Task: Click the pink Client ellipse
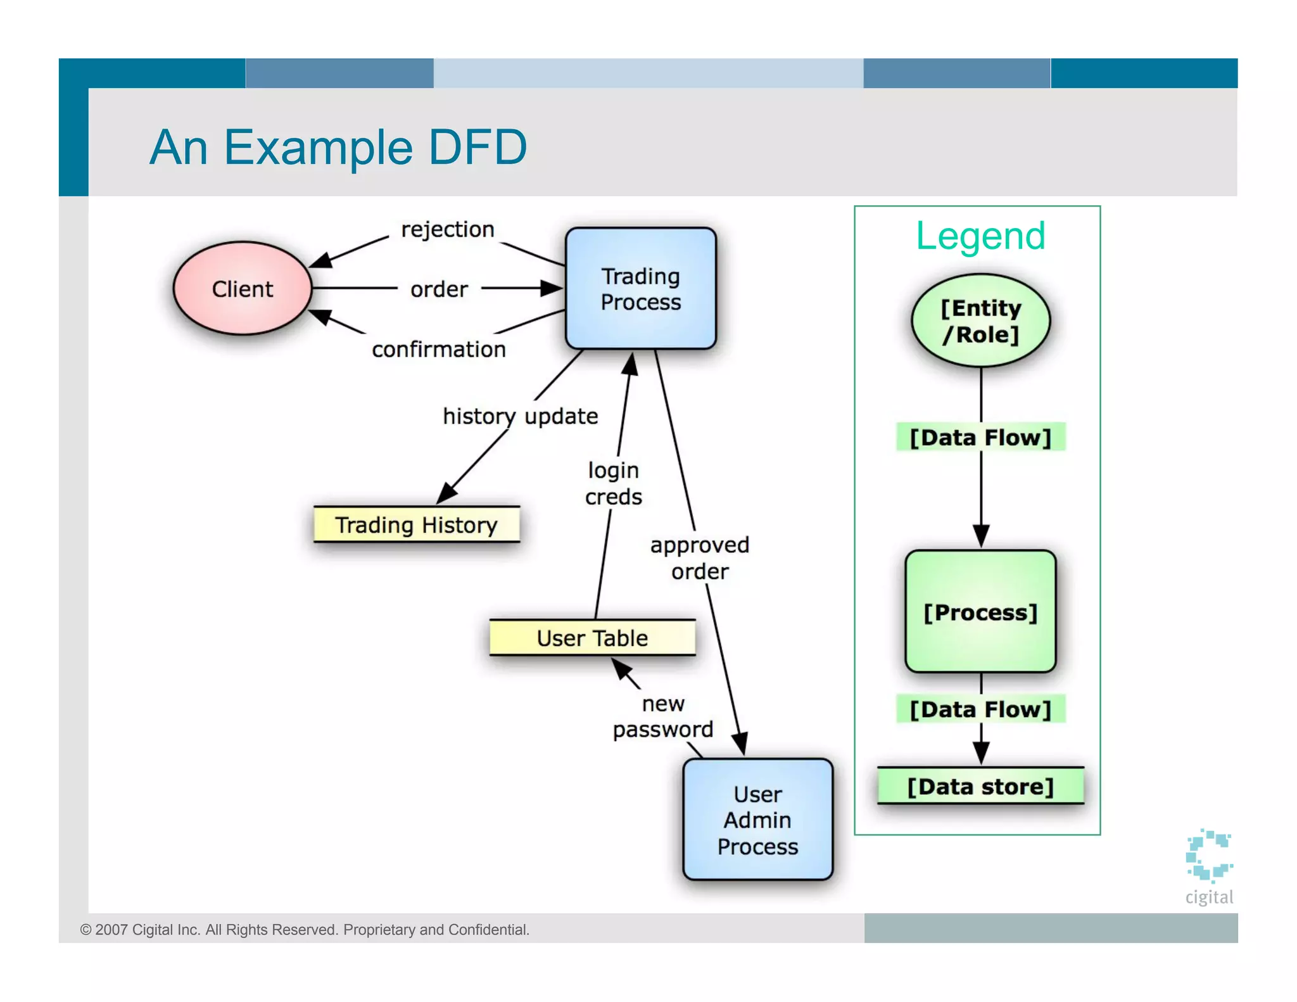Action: [x=243, y=289]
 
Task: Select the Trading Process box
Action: [x=640, y=289]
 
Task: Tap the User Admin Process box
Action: [x=757, y=820]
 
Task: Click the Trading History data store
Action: [x=416, y=524]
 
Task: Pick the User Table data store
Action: [x=592, y=638]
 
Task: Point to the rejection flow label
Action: [x=447, y=229]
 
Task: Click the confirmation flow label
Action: [x=439, y=349]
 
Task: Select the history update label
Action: [x=520, y=416]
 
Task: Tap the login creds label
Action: [x=613, y=483]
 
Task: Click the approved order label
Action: [x=699, y=558]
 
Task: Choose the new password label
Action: [x=662, y=716]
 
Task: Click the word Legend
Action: [x=980, y=236]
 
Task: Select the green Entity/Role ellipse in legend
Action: [x=980, y=321]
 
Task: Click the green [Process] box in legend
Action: [x=980, y=612]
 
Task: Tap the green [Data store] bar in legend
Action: [x=980, y=787]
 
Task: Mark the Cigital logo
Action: [x=1208, y=865]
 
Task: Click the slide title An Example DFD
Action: [x=338, y=147]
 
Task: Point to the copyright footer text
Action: [x=305, y=929]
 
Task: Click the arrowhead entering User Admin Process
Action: [x=740, y=745]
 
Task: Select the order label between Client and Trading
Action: [x=439, y=289]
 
